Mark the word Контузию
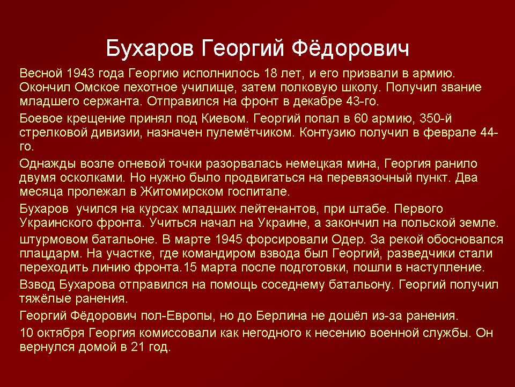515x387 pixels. click(x=327, y=132)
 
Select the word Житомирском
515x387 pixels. click(x=182, y=192)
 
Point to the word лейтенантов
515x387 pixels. click(x=278, y=209)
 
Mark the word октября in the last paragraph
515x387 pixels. click(x=61, y=333)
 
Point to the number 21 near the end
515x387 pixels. click(x=138, y=347)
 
